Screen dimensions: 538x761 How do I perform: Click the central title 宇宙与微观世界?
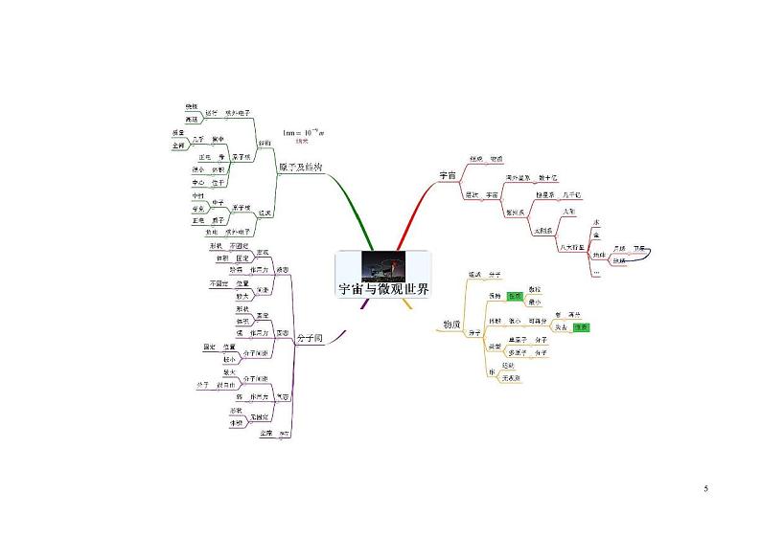382,289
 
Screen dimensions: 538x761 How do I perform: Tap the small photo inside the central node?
382,265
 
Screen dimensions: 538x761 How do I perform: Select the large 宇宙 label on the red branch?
449,176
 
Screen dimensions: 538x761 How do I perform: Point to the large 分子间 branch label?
309,338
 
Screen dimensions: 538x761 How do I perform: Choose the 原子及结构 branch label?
300,167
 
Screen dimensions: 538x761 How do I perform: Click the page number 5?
705,490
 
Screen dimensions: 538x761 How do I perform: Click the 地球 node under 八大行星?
600,255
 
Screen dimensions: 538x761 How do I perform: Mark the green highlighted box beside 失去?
582,327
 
